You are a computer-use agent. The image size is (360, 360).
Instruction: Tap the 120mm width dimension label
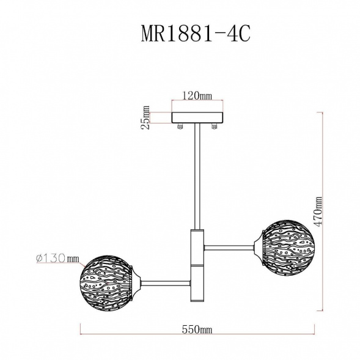tap(197, 95)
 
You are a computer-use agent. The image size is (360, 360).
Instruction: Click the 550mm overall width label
tap(197, 329)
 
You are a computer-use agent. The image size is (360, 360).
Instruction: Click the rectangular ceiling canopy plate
tap(198, 117)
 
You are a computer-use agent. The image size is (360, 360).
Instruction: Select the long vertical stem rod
tap(197, 177)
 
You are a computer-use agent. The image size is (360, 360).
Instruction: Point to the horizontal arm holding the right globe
tap(229, 247)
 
